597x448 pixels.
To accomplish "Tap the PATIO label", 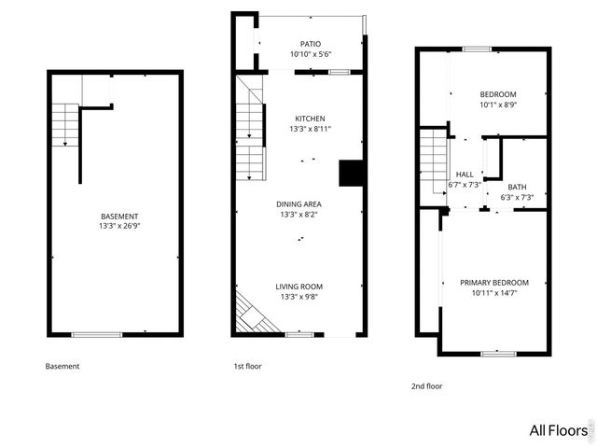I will click(x=310, y=44).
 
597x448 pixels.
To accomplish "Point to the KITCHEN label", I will click(x=310, y=119).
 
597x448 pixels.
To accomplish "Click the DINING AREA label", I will click(x=298, y=203).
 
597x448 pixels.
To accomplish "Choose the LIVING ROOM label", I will click(x=298, y=287).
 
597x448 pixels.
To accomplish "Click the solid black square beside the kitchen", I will click(x=351, y=174).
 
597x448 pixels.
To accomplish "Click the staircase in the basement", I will click(x=63, y=125).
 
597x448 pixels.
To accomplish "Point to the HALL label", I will click(x=464, y=175).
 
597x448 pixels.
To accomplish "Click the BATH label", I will click(x=517, y=187).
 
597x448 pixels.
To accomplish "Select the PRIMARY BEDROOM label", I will click(x=493, y=283).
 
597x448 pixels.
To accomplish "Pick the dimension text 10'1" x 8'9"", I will click(x=498, y=105).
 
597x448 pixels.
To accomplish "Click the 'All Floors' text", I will click(x=558, y=430).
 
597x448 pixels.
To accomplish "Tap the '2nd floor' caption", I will click(x=426, y=385).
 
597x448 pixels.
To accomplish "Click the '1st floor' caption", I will click(x=247, y=367).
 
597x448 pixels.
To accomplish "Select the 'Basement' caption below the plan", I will click(x=62, y=367).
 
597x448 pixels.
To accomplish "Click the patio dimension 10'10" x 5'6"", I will click(x=310, y=54).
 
